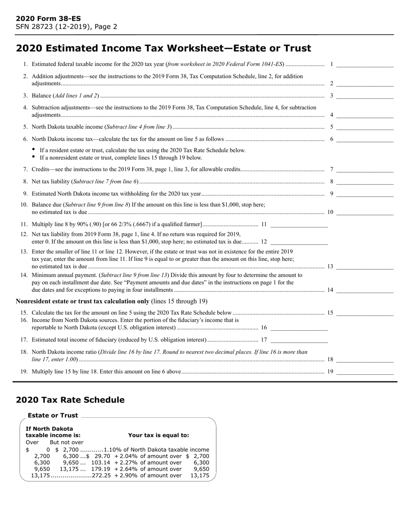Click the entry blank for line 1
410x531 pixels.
pos(365,65)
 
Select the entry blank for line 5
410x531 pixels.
pos(365,127)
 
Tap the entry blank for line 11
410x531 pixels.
pos(299,224)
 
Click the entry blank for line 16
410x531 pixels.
pos(299,328)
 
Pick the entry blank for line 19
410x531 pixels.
pos(365,372)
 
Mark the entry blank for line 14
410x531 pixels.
pos(365,290)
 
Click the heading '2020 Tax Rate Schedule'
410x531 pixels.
pos(70,400)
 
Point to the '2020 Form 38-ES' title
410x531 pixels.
pos(48,19)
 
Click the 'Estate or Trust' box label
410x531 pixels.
pos(53,415)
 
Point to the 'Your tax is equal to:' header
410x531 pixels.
pos(158,435)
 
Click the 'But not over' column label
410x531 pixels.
pos(66,442)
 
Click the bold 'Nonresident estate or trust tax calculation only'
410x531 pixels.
pos(82,301)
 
